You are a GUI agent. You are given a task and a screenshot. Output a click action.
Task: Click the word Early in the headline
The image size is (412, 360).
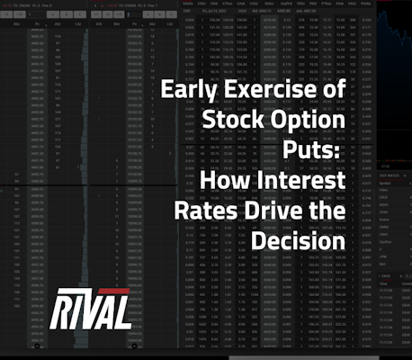(185, 92)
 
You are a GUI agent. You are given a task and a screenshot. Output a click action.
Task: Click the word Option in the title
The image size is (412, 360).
(304, 122)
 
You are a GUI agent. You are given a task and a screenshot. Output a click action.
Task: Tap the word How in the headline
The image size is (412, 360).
(223, 184)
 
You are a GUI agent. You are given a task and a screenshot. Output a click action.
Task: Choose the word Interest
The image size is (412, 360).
(299, 184)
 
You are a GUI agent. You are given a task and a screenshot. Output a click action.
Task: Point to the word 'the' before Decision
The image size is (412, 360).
(325, 214)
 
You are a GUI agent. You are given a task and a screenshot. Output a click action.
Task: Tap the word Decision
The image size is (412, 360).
(295, 244)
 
